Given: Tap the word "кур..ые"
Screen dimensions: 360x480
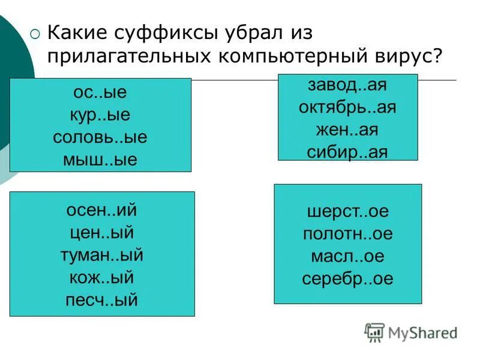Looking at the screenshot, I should [100, 115].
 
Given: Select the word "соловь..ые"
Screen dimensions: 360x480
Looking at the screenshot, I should [100, 137].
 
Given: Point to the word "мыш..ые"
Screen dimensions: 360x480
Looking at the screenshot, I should [100, 159].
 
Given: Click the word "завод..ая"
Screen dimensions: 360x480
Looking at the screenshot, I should [347, 85].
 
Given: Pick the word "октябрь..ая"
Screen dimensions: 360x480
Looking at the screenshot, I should [347, 107].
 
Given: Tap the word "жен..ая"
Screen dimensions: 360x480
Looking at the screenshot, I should [347, 129].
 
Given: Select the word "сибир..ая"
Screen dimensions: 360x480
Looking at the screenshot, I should [347, 151].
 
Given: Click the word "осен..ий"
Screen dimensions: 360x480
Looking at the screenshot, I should [102, 211].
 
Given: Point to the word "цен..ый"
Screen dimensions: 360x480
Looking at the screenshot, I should [102, 232].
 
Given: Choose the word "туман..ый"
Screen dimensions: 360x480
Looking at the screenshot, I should [102, 254].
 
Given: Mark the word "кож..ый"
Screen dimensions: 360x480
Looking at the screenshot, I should [102, 277].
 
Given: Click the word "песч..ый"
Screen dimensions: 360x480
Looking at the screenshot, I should [102, 299].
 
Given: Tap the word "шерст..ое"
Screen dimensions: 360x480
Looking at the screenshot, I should [347, 212].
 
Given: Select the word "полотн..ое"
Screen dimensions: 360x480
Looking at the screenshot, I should [347, 233].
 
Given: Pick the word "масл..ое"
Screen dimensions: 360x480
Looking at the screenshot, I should [347, 256].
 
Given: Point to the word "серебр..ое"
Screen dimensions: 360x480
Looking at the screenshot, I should [347, 278].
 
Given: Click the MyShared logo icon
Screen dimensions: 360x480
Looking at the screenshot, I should [375, 332].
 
